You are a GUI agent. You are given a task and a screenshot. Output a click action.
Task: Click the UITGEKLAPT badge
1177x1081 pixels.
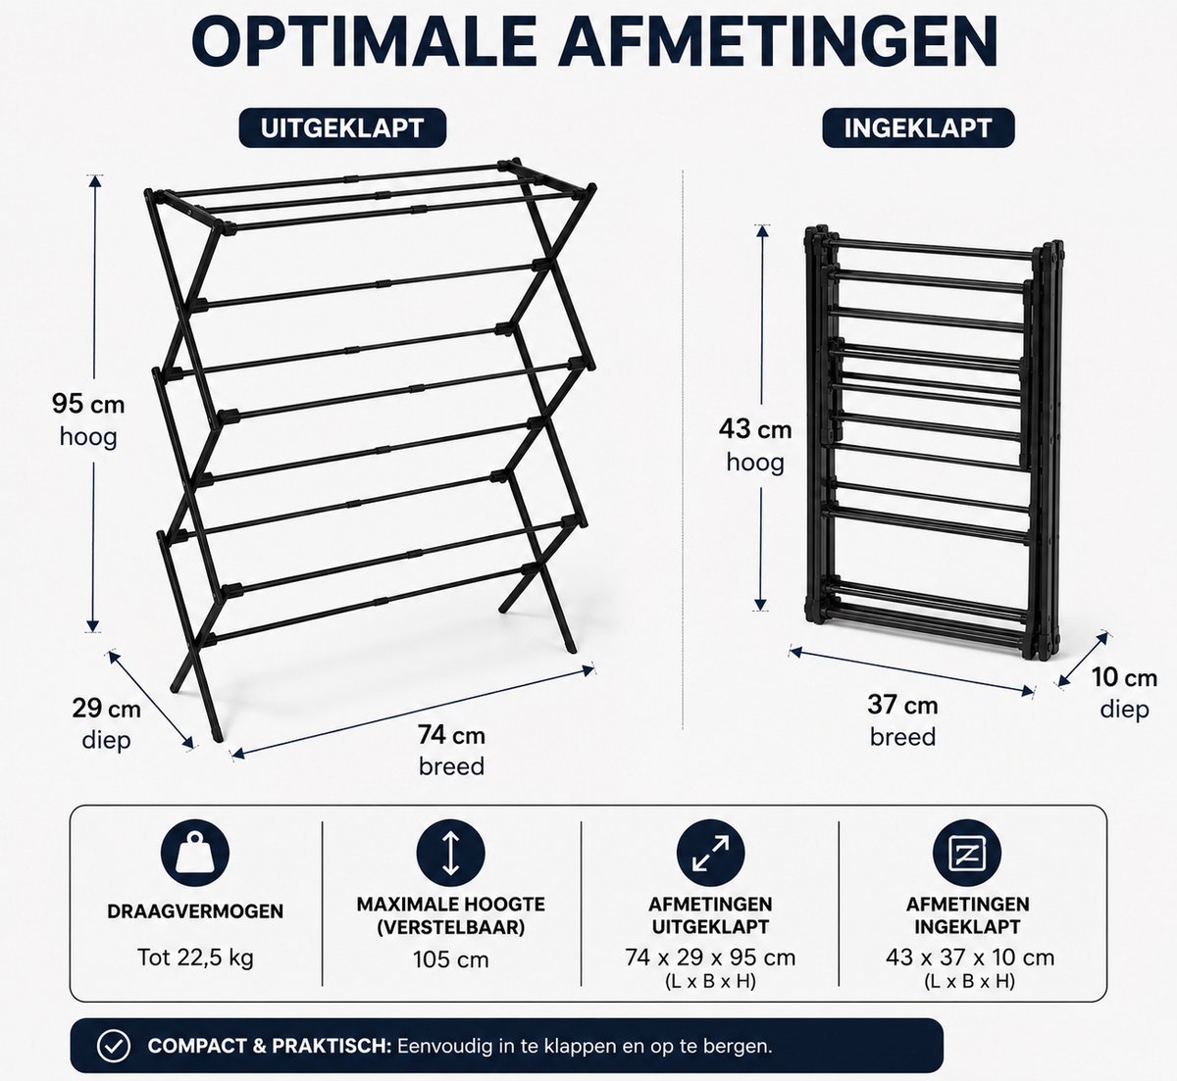(342, 127)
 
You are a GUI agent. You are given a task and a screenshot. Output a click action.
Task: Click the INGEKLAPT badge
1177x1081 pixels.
(918, 127)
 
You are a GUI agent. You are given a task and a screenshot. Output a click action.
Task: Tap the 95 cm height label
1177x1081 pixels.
(88, 420)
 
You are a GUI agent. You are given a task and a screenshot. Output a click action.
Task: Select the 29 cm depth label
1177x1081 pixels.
(106, 724)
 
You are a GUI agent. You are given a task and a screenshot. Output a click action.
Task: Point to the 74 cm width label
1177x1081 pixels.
(451, 751)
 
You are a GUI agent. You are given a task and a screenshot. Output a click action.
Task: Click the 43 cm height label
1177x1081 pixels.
(755, 446)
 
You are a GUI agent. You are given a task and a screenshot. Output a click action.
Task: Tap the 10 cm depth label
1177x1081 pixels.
(1124, 693)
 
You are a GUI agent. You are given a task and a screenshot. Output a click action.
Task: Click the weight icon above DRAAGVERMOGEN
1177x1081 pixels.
(195, 853)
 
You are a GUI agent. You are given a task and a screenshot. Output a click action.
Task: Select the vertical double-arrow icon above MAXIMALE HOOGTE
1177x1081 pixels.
(450, 853)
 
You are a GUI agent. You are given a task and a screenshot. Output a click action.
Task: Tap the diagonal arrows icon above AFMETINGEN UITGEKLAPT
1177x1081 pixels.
(710, 853)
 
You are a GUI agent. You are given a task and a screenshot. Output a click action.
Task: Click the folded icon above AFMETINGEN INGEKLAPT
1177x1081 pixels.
(967, 853)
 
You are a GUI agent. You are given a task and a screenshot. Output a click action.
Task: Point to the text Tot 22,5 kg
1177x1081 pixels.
(195, 958)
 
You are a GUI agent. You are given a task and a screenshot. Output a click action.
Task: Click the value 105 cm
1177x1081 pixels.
(450, 959)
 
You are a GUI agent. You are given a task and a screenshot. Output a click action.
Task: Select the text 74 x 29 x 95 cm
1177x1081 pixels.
(710, 958)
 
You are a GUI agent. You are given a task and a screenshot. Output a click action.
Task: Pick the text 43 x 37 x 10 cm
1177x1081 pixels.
(970, 958)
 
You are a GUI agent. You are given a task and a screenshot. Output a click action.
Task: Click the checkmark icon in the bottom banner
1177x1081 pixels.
(114, 1046)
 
